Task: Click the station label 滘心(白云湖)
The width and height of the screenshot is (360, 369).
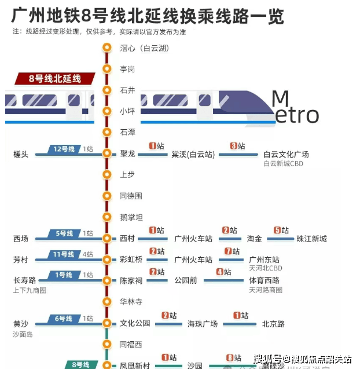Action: (144, 48)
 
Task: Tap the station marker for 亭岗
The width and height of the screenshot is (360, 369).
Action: (106, 69)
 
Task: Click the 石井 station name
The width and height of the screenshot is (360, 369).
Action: (127, 90)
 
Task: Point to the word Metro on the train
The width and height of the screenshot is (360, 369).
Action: (295, 108)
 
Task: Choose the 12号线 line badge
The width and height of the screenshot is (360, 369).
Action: (65, 149)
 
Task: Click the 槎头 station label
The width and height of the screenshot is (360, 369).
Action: (21, 154)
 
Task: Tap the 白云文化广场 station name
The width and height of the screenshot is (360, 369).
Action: (286, 154)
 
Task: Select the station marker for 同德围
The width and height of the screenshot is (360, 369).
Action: (106, 196)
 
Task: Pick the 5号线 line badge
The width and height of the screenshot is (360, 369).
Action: (65, 234)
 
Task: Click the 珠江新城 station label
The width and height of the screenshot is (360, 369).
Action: (311, 239)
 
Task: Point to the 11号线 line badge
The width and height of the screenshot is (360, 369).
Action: (65, 255)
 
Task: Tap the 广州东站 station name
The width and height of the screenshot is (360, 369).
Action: (264, 260)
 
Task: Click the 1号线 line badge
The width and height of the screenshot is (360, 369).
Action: (65, 275)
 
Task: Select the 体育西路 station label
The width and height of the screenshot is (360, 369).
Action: (264, 280)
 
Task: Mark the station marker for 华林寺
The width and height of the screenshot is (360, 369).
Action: (106, 302)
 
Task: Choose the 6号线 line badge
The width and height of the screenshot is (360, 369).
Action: (65, 319)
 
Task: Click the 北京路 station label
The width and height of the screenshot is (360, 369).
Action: (273, 324)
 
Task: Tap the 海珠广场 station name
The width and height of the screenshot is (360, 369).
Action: (203, 324)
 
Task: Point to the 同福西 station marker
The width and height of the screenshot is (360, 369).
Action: (106, 344)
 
